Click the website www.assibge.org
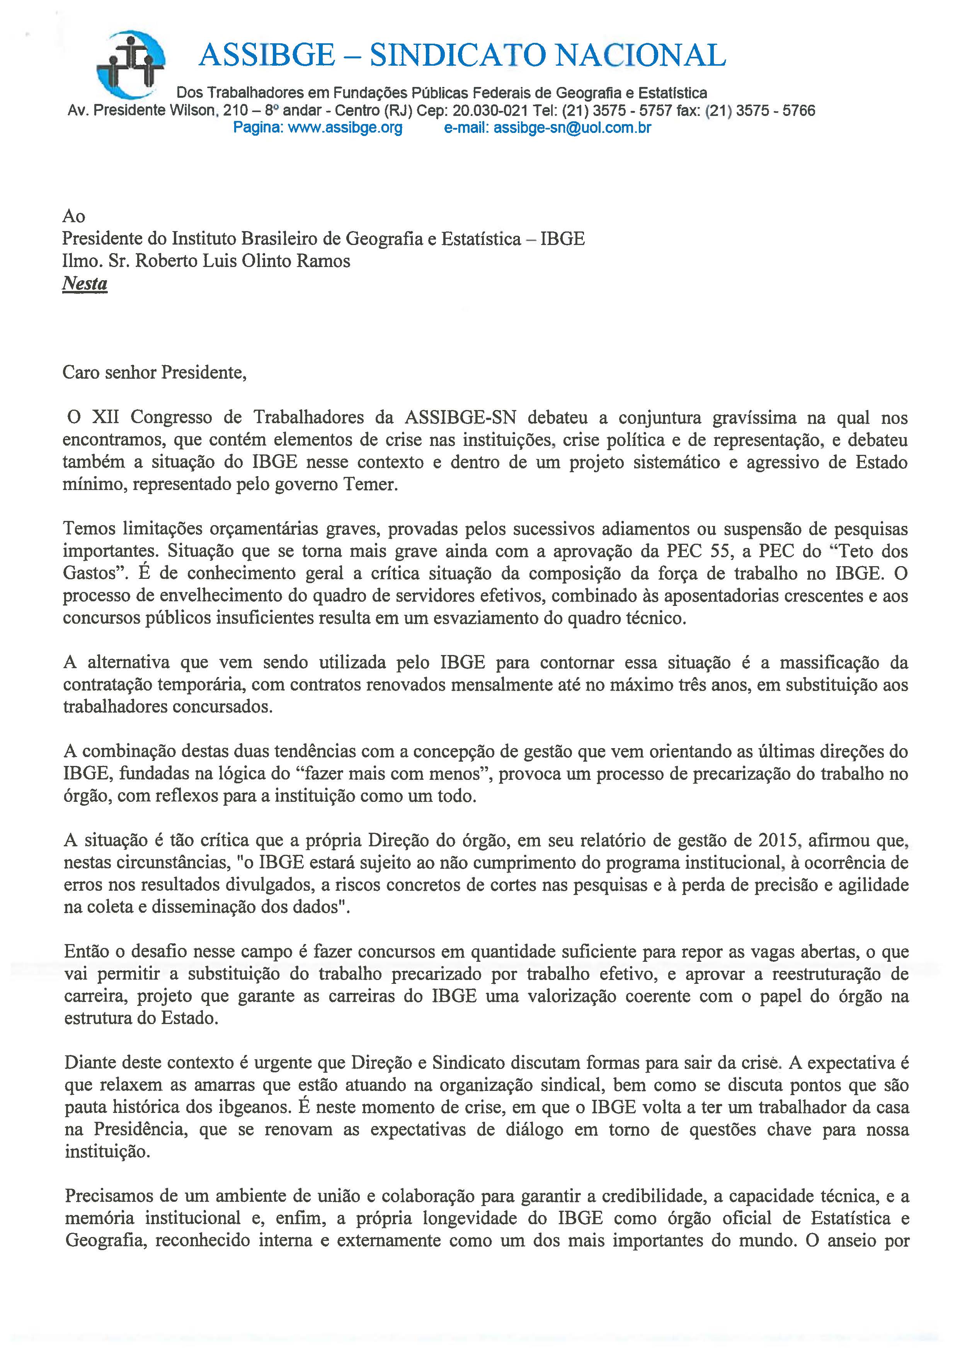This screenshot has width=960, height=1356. pos(345,128)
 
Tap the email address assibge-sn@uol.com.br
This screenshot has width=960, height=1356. pos(572,128)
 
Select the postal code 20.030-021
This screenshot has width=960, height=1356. pos(487,111)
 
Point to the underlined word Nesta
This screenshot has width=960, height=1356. pos(85,284)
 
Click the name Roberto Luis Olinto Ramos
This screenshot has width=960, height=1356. pos(242,261)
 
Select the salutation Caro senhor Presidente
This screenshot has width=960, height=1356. pos(154,373)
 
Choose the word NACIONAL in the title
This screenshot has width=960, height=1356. pos(642,56)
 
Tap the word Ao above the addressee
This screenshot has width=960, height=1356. pos(73,216)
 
